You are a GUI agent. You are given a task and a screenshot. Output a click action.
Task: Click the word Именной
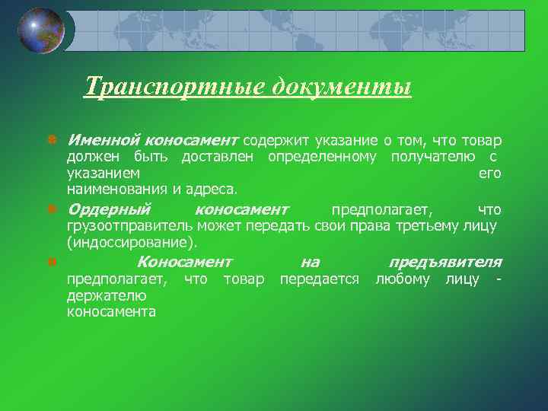(103, 141)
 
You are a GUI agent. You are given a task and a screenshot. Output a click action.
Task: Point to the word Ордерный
(109, 209)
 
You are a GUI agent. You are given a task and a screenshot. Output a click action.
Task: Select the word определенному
(322, 158)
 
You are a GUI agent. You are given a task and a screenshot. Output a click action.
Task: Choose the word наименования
(113, 189)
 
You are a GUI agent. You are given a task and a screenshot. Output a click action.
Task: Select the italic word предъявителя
(444, 262)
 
